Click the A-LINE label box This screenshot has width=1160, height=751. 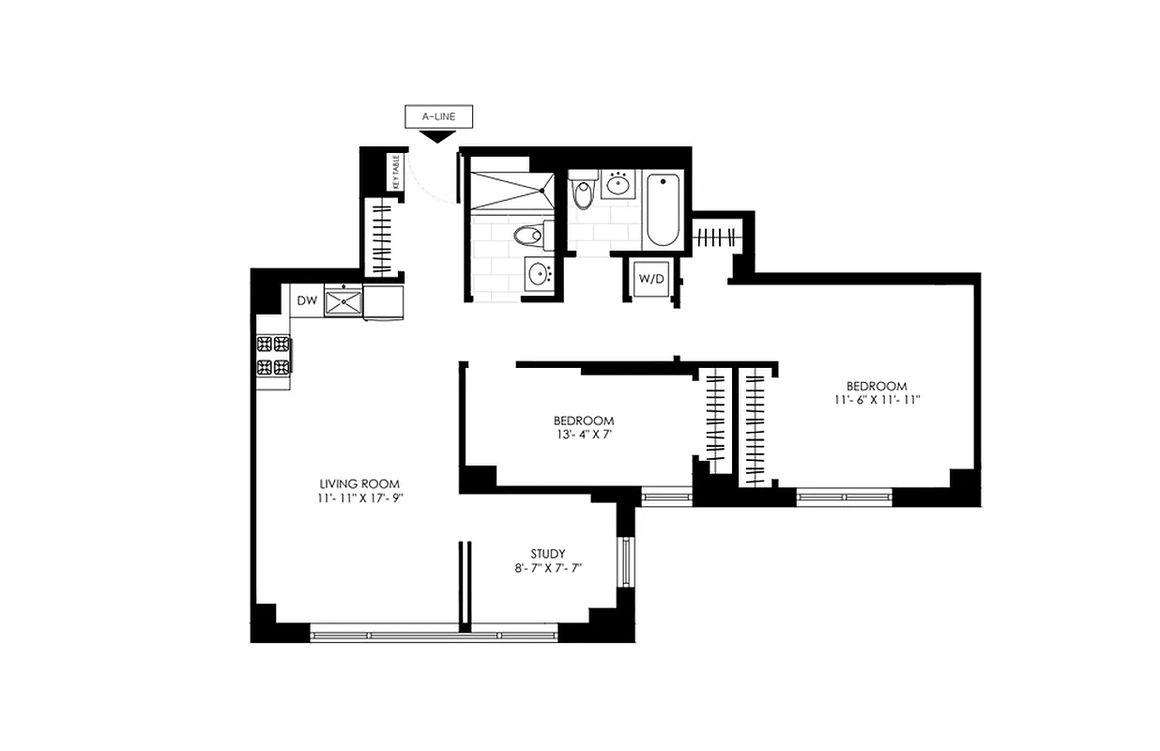pyautogui.click(x=438, y=117)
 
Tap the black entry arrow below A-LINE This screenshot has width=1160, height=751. pyautogui.click(x=434, y=137)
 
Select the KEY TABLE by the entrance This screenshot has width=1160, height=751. pyautogui.click(x=396, y=172)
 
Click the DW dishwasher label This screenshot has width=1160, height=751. pyautogui.click(x=306, y=301)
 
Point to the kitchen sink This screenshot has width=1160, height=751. pyautogui.click(x=343, y=301)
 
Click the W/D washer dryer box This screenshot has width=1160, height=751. pyautogui.click(x=650, y=279)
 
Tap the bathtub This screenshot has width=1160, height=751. pyautogui.click(x=662, y=210)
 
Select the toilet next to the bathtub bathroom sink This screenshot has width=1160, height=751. pyautogui.click(x=583, y=192)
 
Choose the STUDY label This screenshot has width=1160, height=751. pyautogui.click(x=547, y=554)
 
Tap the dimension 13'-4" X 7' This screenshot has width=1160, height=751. pyautogui.click(x=584, y=435)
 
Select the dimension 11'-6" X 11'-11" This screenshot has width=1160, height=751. pyautogui.click(x=877, y=400)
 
